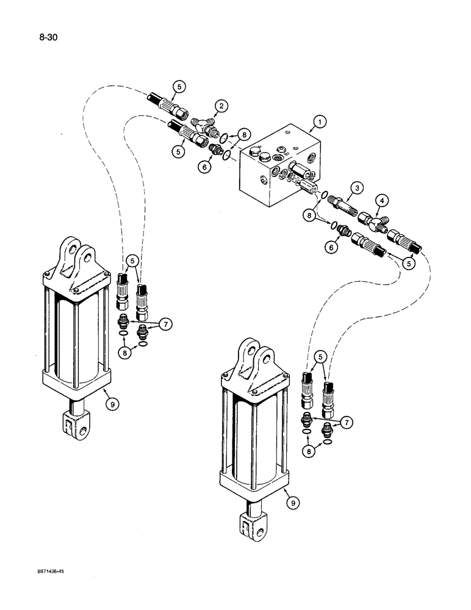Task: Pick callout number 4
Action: pyautogui.click(x=381, y=199)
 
